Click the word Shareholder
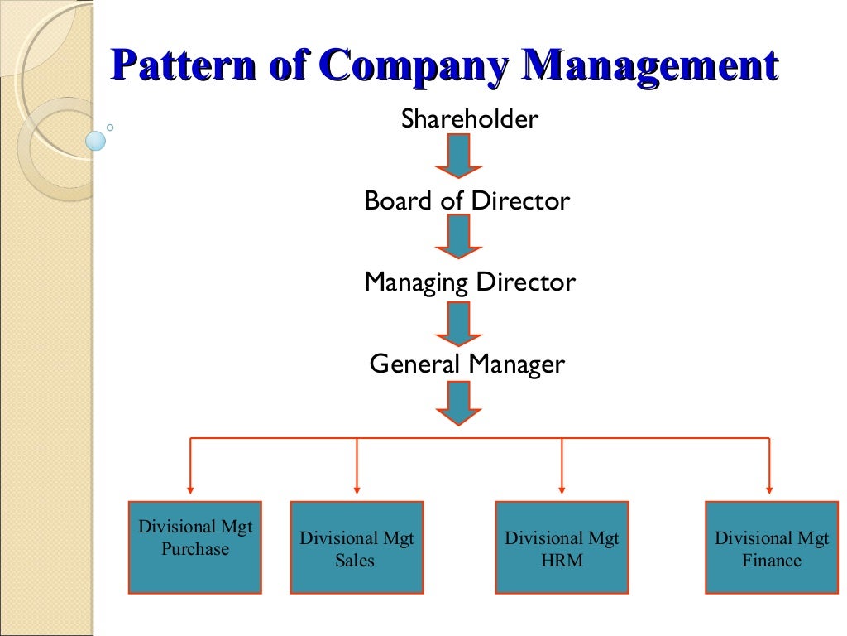(469, 119)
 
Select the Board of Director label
(467, 201)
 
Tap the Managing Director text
(469, 282)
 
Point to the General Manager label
(467, 364)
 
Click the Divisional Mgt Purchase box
(195, 547)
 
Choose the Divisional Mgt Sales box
(357, 547)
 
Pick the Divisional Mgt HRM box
(562, 547)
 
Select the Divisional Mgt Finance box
(771, 547)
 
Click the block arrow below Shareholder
(458, 156)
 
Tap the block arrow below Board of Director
(458, 237)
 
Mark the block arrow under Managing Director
(458, 323)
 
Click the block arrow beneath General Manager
(458, 402)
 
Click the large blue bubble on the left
(96, 141)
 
